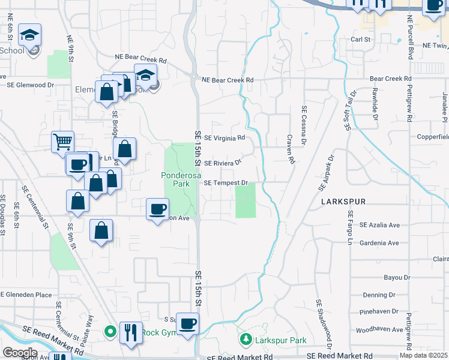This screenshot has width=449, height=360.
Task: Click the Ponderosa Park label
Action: click(x=178, y=181)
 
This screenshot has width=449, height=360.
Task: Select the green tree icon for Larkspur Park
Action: click(x=246, y=340)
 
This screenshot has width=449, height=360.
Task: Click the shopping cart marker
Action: click(x=62, y=142)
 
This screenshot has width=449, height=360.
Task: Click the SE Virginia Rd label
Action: click(x=224, y=137)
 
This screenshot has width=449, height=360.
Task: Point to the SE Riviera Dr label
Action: click(x=222, y=163)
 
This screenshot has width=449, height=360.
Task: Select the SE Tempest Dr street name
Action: click(x=226, y=182)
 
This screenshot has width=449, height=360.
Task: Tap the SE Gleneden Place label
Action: click(x=26, y=295)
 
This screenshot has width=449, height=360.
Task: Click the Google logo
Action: click(x=20, y=352)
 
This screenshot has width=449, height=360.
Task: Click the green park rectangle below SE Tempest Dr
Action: click(x=245, y=201)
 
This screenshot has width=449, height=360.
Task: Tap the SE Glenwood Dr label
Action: click(x=30, y=85)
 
